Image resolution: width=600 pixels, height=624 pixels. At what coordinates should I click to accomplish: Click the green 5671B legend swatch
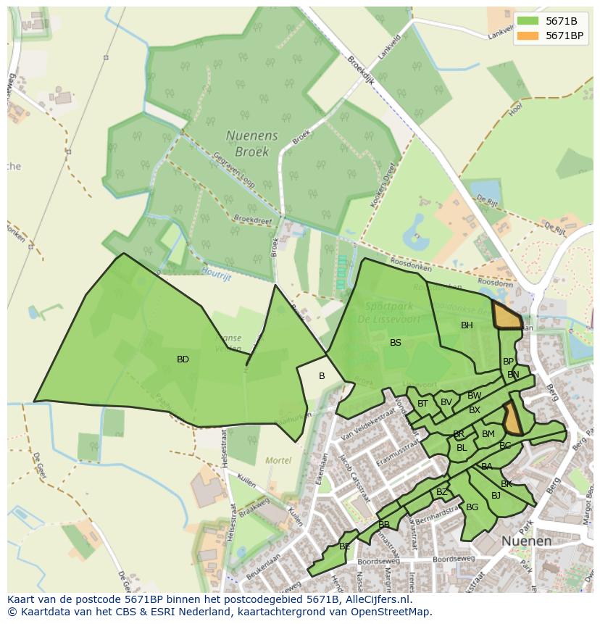(x=527, y=21)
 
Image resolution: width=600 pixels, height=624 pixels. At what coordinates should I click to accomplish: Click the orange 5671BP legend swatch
(x=527, y=36)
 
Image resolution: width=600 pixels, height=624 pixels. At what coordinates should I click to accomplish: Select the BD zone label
(x=183, y=359)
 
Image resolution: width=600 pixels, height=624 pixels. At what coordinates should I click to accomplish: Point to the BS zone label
(x=395, y=343)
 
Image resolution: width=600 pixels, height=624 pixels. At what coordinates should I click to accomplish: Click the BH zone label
(x=467, y=325)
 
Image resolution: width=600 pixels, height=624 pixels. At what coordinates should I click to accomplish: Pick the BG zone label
(x=472, y=507)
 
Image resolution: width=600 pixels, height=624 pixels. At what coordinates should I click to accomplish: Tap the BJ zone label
(x=496, y=496)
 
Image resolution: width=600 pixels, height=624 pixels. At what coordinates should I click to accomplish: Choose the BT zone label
(x=422, y=404)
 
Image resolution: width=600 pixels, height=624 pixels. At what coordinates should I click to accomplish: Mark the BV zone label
(x=446, y=402)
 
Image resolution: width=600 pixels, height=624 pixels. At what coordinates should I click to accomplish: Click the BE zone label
(x=345, y=546)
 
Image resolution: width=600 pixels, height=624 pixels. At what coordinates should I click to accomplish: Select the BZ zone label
(x=441, y=492)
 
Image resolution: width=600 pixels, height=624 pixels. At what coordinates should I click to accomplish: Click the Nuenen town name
(x=527, y=541)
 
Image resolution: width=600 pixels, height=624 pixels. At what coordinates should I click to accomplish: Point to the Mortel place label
(x=278, y=460)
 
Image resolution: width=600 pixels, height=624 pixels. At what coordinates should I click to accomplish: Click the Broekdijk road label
(x=360, y=70)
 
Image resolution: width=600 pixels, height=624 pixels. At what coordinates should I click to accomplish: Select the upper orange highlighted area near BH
(x=507, y=316)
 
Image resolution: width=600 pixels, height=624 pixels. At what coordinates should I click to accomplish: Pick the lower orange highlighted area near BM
(x=512, y=419)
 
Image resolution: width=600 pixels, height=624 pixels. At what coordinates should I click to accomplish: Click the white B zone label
(x=322, y=376)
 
